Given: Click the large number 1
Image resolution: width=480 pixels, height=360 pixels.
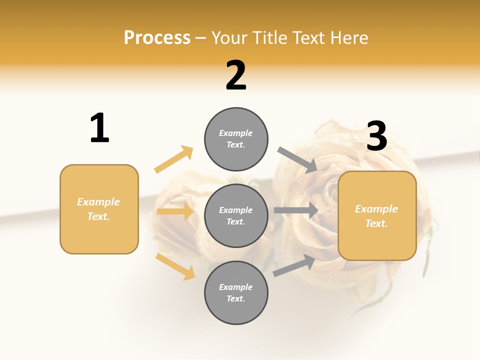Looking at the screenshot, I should click(99, 128).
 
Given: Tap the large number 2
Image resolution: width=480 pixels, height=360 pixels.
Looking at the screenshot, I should click(236, 75).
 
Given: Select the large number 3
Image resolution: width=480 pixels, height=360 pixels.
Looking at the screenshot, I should click(377, 136).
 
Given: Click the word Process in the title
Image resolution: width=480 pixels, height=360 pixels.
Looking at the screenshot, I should click(157, 37).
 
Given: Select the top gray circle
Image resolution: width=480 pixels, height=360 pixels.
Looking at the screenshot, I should click(236, 139).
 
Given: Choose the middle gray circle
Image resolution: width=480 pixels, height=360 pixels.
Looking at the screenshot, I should click(236, 215).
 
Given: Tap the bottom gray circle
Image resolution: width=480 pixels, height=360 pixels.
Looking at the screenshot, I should click(236, 292).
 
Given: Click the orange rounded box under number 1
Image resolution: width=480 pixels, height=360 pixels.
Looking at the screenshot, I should click(99, 209).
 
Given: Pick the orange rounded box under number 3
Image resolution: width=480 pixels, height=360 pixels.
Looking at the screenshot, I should click(377, 215).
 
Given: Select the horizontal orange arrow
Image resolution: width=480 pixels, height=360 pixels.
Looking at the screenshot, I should click(175, 211).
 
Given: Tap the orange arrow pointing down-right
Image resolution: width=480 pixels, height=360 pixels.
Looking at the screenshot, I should click(175, 266).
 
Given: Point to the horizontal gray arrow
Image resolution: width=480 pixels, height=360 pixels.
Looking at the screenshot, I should click(296, 210).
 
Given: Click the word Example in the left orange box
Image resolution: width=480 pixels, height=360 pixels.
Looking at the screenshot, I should click(98, 202).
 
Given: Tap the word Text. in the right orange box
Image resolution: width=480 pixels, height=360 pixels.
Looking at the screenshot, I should click(376, 223).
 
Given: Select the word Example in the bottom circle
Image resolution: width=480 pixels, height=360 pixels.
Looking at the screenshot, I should click(236, 287).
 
